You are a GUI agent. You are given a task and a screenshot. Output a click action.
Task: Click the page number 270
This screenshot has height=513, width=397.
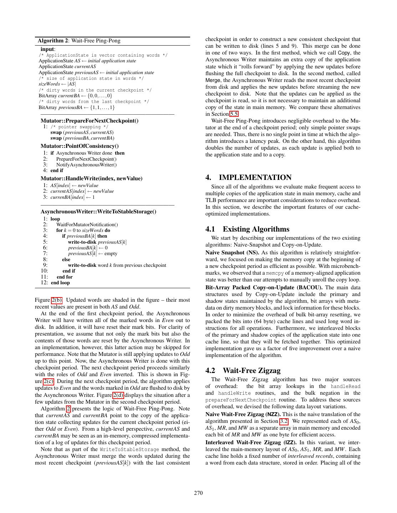click(x=198, y=493)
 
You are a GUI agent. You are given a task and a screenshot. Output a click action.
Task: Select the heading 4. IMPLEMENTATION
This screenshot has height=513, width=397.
click(x=248, y=177)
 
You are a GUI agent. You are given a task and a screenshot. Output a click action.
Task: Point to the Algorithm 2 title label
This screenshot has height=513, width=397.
click(x=79, y=41)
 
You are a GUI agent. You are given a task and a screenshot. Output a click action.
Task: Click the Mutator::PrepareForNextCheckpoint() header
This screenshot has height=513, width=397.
click(x=90, y=120)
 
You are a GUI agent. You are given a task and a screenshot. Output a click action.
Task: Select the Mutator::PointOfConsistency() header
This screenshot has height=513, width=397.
click(x=80, y=146)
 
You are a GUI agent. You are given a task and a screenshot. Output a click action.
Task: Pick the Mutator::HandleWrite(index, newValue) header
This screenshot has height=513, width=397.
click(x=91, y=178)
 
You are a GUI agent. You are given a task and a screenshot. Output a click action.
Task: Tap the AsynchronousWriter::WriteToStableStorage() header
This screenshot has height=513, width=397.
click(x=98, y=211)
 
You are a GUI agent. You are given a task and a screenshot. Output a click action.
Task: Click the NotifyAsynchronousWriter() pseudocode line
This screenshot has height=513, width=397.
click(x=86, y=165)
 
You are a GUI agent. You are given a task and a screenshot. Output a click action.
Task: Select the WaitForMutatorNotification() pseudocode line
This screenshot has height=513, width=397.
click(x=87, y=224)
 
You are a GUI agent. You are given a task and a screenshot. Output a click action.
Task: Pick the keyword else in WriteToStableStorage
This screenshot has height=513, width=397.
click(x=66, y=259)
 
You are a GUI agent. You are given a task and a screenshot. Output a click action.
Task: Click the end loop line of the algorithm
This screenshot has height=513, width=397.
click(x=60, y=283)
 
